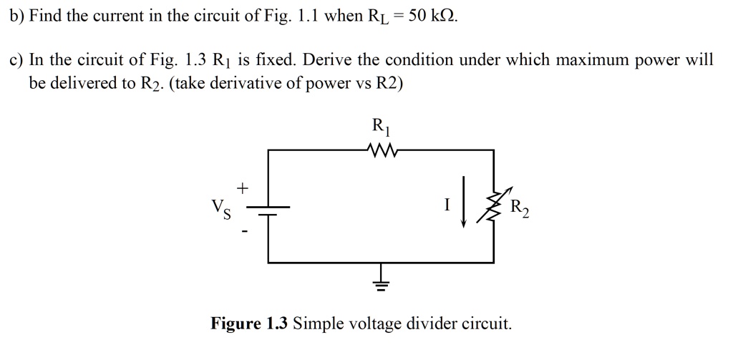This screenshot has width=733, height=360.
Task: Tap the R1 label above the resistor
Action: pos(380,127)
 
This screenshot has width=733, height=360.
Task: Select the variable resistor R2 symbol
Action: pos(493,208)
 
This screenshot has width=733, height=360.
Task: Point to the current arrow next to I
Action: pos(464,203)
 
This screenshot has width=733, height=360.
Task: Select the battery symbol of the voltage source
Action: pos(268,210)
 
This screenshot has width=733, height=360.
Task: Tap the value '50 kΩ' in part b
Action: pos(428,15)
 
